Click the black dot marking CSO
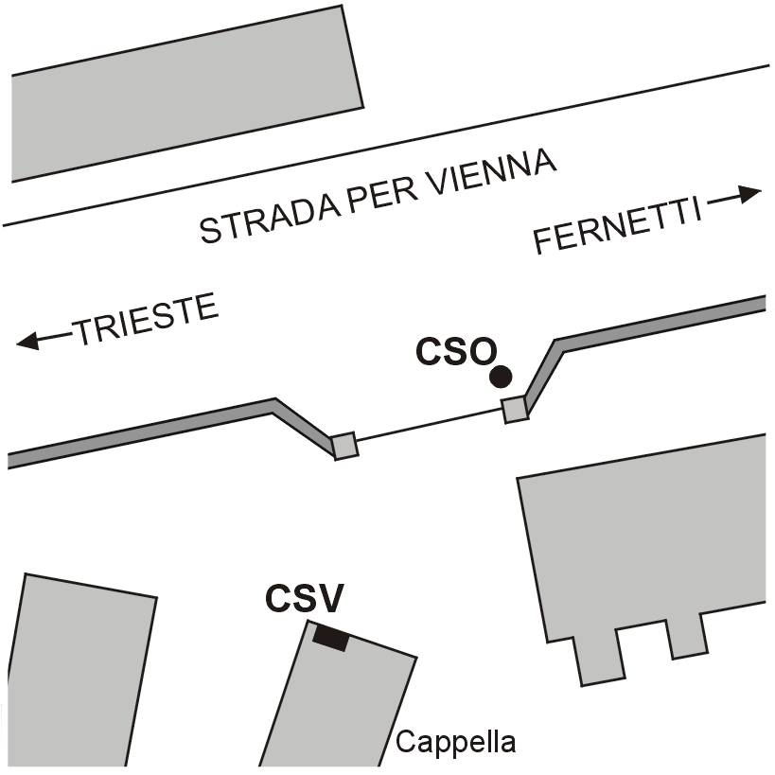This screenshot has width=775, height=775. tap(501, 378)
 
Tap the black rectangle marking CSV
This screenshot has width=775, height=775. tap(331, 638)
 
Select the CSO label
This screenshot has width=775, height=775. tap(456, 351)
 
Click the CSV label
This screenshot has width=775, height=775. tap(304, 598)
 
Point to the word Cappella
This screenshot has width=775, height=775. tap(455, 742)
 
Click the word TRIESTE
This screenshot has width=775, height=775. tap(147, 319)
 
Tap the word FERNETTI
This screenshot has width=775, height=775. tap(618, 226)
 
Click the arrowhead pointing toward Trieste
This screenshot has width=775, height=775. tap(27, 341)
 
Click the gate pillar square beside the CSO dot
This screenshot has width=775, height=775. tap(515, 410)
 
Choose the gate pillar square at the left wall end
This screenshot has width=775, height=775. tap(344, 446)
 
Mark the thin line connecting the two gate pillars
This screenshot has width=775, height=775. tap(430, 425)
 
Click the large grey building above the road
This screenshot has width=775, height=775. tap(186, 94)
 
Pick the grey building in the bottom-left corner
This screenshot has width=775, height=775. tap(79, 672)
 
